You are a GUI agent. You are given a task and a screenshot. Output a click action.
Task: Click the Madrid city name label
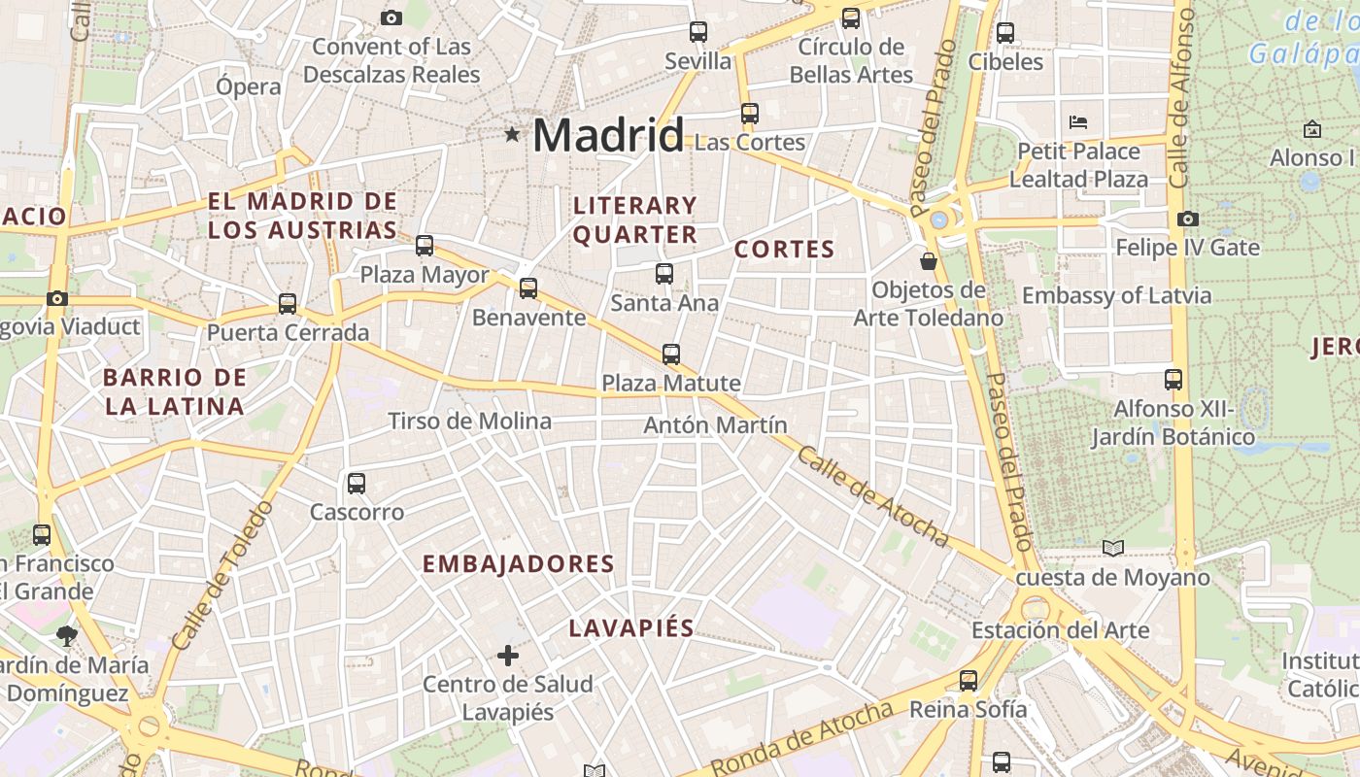pos(608,134)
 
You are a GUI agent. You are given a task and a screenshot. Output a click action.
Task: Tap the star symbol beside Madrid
pos(512,134)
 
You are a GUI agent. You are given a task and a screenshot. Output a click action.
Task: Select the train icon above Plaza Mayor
pos(425,246)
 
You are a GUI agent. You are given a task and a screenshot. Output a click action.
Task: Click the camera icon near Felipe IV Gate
pos(1187,219)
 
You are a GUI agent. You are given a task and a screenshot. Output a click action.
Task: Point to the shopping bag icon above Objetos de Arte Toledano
pos(929,260)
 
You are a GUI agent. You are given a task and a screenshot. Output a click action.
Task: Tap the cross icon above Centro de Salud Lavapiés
pos(508,656)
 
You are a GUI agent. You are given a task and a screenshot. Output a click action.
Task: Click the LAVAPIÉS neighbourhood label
pos(631,628)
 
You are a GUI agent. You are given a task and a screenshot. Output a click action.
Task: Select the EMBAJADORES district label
pos(519,564)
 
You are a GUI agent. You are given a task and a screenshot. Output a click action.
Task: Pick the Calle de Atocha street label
pos(872,495)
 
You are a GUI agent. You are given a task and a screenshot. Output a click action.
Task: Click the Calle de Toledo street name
pos(220,576)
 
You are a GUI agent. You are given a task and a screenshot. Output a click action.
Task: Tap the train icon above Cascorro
pos(357,483)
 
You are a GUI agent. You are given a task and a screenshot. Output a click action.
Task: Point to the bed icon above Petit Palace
pos(1078,122)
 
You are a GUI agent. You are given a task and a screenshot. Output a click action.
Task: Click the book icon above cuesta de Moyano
pos(1113,549)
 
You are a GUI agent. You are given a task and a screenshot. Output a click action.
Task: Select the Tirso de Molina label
pos(469,422)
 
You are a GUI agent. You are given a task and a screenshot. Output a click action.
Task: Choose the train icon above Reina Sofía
pos(969,681)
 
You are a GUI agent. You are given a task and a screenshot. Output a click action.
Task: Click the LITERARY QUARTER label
pos(635,220)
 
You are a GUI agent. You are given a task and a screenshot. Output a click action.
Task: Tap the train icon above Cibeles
pos(1005,33)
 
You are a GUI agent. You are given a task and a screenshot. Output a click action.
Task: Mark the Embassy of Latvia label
pos(1116,296)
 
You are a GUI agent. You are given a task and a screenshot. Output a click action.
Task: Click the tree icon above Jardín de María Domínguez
pos(67,636)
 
